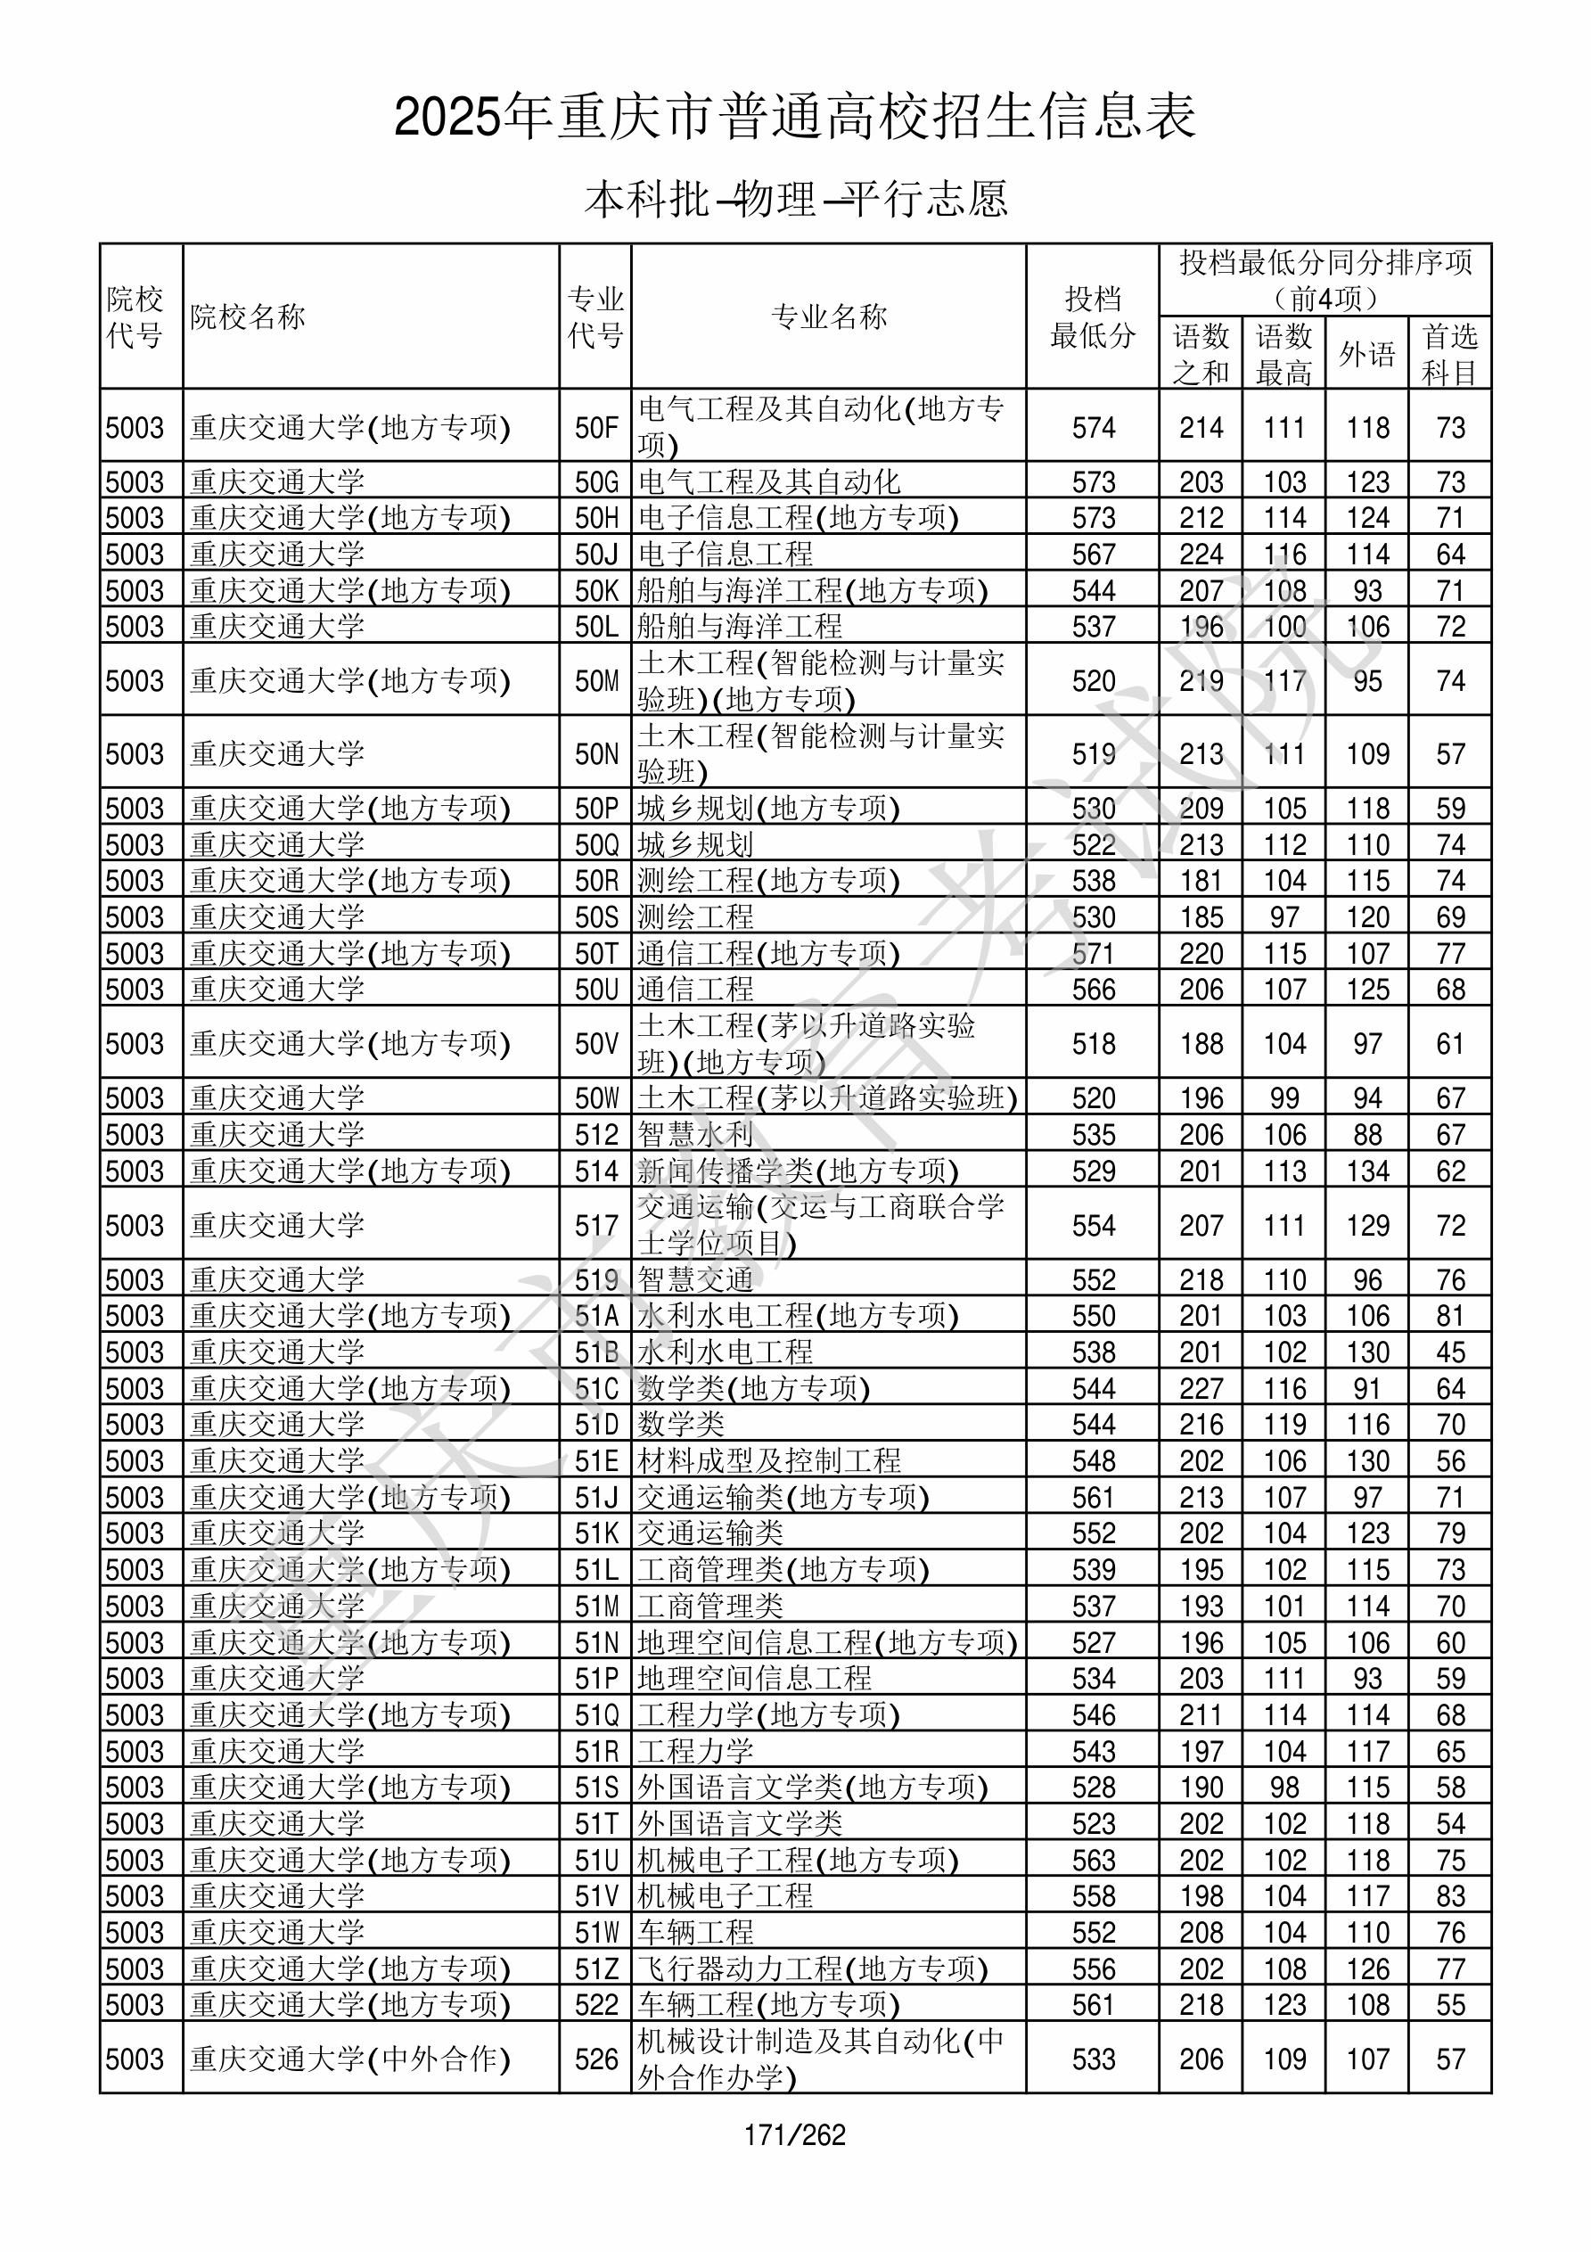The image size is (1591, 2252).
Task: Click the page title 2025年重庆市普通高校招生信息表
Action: tap(794, 118)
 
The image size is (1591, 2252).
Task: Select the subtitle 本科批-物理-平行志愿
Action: tap(795, 199)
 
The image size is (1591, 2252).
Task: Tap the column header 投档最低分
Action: tap(1092, 316)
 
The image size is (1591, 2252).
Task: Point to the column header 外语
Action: tap(1366, 354)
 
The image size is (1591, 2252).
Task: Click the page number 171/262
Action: tap(794, 2134)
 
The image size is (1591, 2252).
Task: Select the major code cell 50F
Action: tap(596, 428)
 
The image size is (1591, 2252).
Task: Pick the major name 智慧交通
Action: tap(695, 1280)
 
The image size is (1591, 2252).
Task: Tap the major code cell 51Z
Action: tap(596, 1969)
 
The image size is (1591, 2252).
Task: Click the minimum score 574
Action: tap(1093, 428)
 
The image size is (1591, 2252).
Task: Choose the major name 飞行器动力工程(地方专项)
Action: tap(812, 1969)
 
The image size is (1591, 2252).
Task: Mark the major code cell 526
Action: tap(596, 2059)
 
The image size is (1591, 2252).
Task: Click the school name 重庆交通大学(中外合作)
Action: tap(350, 2059)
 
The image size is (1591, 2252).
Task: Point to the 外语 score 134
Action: tap(1367, 1171)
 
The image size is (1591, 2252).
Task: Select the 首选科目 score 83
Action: tap(1450, 1897)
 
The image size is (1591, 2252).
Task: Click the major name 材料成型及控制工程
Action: tap(769, 1461)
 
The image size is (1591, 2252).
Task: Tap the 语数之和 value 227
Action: tap(1201, 1389)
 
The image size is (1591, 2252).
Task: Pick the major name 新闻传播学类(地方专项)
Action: tap(798, 1171)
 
